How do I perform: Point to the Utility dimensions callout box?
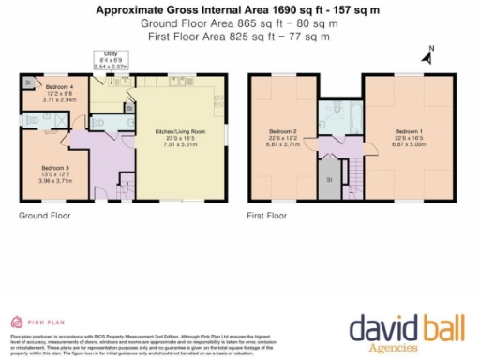pyautogui.click(x=112, y=61)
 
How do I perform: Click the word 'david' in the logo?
pyautogui.click(x=381, y=327)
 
